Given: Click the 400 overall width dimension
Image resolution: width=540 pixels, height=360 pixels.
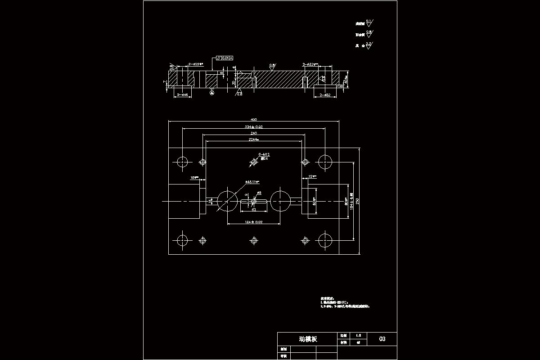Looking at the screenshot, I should click(253, 119).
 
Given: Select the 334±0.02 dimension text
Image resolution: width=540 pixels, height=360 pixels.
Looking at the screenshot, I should click(253, 127).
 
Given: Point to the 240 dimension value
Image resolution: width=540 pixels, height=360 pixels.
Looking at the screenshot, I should click(253, 134).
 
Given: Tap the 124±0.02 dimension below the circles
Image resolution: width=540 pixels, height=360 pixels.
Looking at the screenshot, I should click(253, 222).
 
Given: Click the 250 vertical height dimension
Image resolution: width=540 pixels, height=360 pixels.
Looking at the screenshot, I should click(358, 201).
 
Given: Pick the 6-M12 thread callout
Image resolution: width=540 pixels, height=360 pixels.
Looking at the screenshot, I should click(264, 154).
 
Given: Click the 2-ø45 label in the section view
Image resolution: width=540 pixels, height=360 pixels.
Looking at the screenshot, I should click(182, 95).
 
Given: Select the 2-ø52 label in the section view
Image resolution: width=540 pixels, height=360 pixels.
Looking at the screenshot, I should click(324, 95).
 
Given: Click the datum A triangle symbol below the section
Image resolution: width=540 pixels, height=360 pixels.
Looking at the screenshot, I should click(212, 92).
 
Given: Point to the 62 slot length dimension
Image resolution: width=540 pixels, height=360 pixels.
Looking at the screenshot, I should click(254, 210).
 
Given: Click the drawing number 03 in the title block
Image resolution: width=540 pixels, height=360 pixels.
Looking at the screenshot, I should click(382, 339).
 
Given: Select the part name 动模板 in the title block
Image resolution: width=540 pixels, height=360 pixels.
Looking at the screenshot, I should click(308, 339).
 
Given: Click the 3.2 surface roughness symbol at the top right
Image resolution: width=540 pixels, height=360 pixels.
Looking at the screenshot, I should click(369, 44).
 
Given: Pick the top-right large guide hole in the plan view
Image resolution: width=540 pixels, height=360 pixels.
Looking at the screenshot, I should click(324, 162).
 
